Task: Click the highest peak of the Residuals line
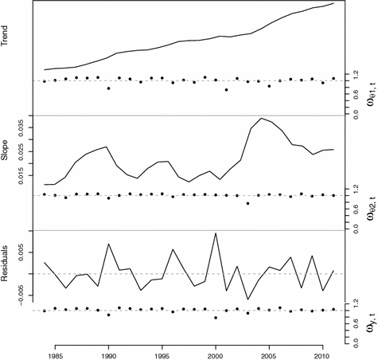point(216,233)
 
